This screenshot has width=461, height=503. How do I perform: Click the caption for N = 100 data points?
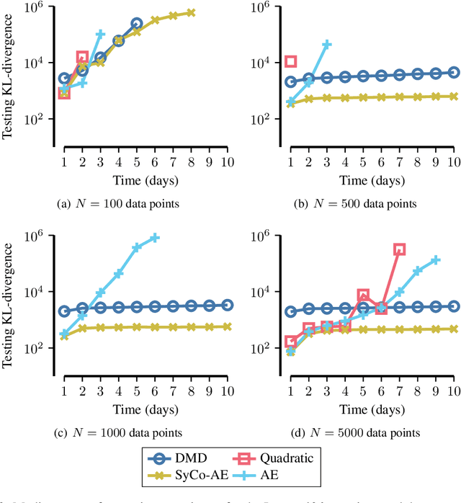point(117,204)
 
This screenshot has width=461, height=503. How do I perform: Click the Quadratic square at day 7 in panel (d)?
point(399,249)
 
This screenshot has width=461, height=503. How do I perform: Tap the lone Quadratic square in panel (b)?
point(291,62)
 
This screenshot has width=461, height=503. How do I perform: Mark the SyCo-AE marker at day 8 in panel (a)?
point(191,12)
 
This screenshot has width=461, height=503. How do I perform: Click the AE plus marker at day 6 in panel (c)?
point(154,238)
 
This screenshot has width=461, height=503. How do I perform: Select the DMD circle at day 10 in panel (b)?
point(453,72)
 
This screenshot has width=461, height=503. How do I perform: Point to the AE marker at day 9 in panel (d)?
point(435,260)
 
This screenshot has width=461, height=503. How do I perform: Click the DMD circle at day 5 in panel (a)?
point(136,23)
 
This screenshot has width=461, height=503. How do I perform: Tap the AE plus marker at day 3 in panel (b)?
point(327,45)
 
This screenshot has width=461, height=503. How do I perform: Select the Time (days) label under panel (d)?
point(372,409)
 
